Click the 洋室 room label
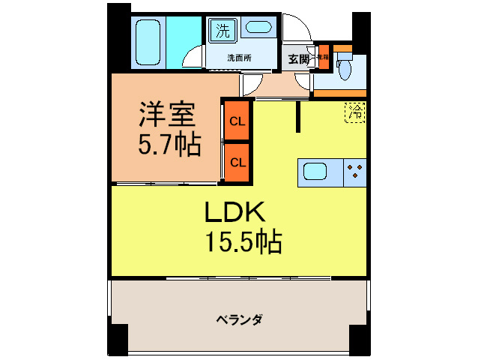(166, 116)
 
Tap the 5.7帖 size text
(169, 144)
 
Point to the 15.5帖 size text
(243, 241)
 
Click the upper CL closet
(238, 121)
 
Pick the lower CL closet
(238, 161)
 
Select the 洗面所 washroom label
(239, 58)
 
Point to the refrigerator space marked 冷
(356, 112)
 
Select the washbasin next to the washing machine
(259, 29)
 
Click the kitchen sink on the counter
(320, 172)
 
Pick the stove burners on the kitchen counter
(354, 172)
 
